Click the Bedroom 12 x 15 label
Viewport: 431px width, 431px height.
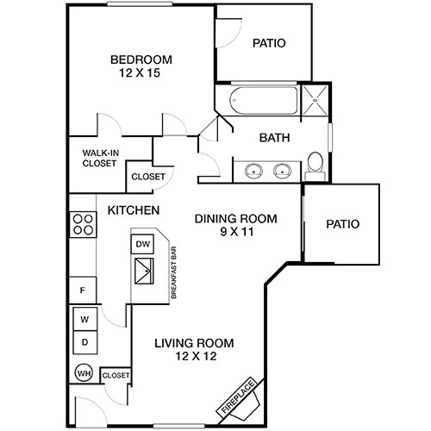(x=141, y=66)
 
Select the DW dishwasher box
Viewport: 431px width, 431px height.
(x=142, y=245)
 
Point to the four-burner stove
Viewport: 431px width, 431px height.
(x=83, y=225)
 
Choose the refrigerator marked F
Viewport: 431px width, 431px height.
(x=83, y=290)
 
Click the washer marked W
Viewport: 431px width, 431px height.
(x=84, y=320)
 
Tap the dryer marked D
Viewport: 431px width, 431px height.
(x=84, y=342)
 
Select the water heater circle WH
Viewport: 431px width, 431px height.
(x=84, y=375)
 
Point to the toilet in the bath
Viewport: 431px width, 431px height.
(x=315, y=164)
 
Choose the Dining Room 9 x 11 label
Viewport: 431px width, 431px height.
(x=235, y=225)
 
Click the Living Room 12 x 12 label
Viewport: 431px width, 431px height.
(x=194, y=350)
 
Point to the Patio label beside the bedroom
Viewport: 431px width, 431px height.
(x=268, y=43)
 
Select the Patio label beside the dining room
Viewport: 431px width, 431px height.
(x=341, y=224)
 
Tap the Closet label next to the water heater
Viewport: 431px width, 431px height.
(x=115, y=376)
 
